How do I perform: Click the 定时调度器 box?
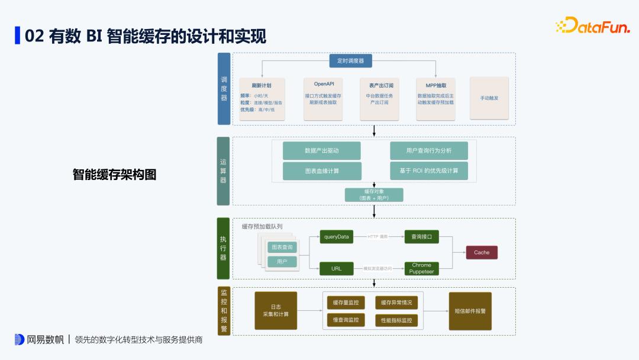click(350, 60)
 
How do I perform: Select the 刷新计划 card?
click(262, 99)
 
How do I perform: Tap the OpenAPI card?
click(324, 99)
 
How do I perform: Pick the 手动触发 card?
click(489, 98)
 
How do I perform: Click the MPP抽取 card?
click(435, 99)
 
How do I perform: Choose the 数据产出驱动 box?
click(322, 150)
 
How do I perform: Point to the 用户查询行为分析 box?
click(429, 150)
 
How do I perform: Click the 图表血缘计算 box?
click(322, 171)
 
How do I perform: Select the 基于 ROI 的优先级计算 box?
click(429, 171)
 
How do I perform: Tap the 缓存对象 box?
click(374, 195)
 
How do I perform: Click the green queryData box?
click(336, 237)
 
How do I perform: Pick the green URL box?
click(336, 269)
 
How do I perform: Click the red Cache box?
click(482, 252)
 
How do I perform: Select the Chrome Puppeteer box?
click(421, 269)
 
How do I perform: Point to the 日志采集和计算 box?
click(276, 310)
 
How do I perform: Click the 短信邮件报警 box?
click(470, 310)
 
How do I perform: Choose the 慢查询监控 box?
click(346, 320)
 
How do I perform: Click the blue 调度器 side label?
click(224, 89)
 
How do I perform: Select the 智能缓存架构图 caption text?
click(114, 175)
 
